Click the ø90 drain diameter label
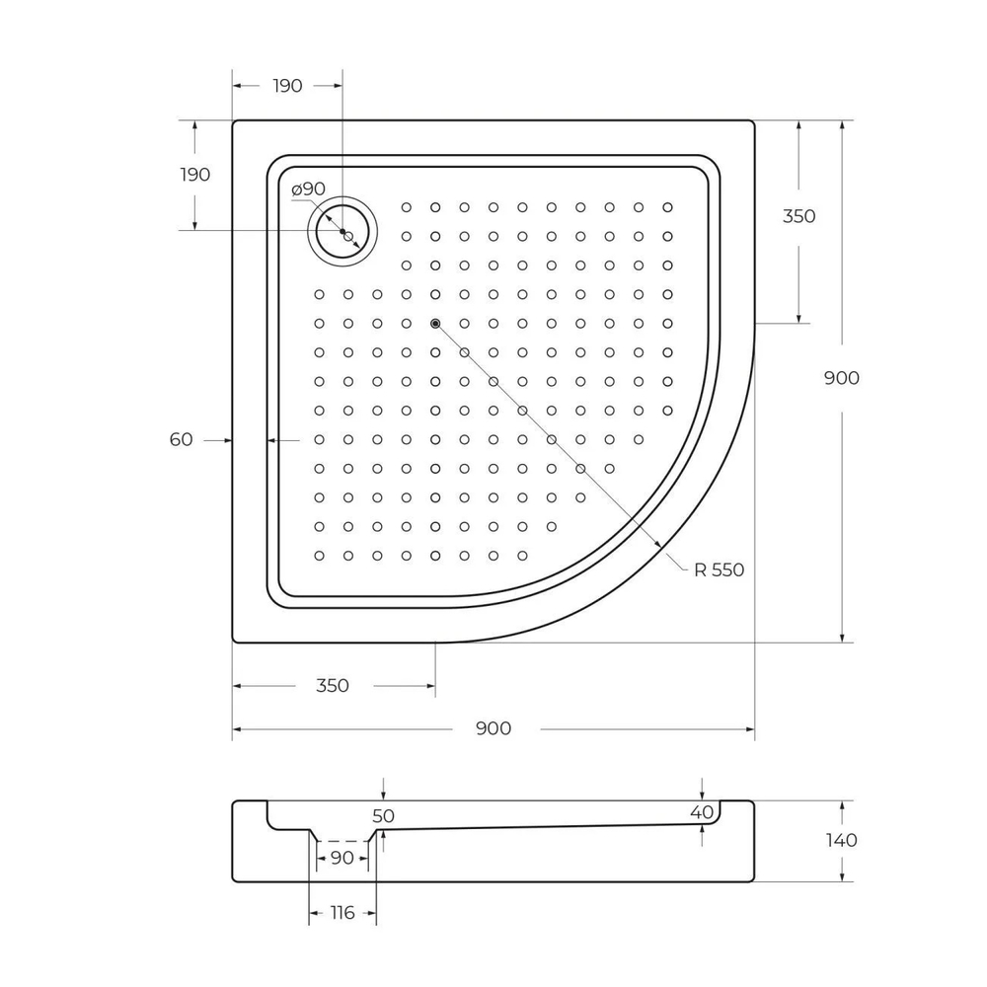pos(308,189)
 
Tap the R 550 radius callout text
pos(718,569)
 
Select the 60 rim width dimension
pos(181,440)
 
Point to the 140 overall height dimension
pos(841,840)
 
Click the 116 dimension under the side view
pos(342,913)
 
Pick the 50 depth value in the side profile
pos(383,816)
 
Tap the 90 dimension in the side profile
pos(342,858)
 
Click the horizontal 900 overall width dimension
pos(493,728)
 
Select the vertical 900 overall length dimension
pos(841,378)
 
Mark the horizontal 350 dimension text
pos(333,685)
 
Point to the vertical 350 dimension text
pos(798,216)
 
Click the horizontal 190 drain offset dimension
pos(286,86)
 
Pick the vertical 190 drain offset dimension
pos(194,175)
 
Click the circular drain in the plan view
pos(342,232)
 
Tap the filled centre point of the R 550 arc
pos(435,324)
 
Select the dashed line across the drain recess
pos(342,841)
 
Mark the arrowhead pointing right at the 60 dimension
pos(225,440)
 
